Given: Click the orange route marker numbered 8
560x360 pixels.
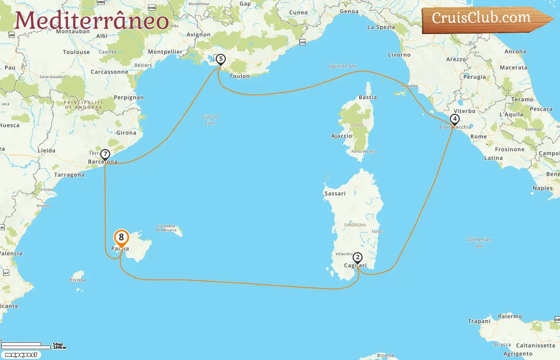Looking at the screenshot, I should (x=121, y=238).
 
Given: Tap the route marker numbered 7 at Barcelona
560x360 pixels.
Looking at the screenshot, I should (x=105, y=154).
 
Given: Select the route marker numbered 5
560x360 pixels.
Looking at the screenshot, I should (x=220, y=59).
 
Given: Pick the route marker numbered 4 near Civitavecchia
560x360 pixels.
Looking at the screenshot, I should (x=454, y=119).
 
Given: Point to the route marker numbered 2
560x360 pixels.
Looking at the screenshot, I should (x=358, y=258).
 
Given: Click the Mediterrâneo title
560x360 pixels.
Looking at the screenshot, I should (x=92, y=20).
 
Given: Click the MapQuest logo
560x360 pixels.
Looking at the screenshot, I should (x=21, y=355).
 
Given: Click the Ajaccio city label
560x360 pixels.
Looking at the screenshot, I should (x=342, y=136).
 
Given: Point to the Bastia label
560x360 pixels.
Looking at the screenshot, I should (x=368, y=97).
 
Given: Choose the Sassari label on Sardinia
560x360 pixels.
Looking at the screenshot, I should (x=335, y=194).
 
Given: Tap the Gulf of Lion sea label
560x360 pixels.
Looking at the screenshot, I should (x=210, y=120).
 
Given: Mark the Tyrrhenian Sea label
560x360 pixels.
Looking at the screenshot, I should (x=479, y=242).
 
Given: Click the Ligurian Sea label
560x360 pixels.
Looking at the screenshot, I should (x=342, y=66).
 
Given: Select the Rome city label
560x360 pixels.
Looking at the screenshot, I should (x=478, y=136).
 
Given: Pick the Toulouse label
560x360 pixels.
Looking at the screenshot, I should (x=76, y=52).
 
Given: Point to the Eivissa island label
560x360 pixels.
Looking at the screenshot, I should (x=78, y=280).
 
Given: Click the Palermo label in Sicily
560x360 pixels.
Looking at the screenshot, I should (x=510, y=316).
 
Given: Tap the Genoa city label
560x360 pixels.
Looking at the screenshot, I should (x=349, y=11).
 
